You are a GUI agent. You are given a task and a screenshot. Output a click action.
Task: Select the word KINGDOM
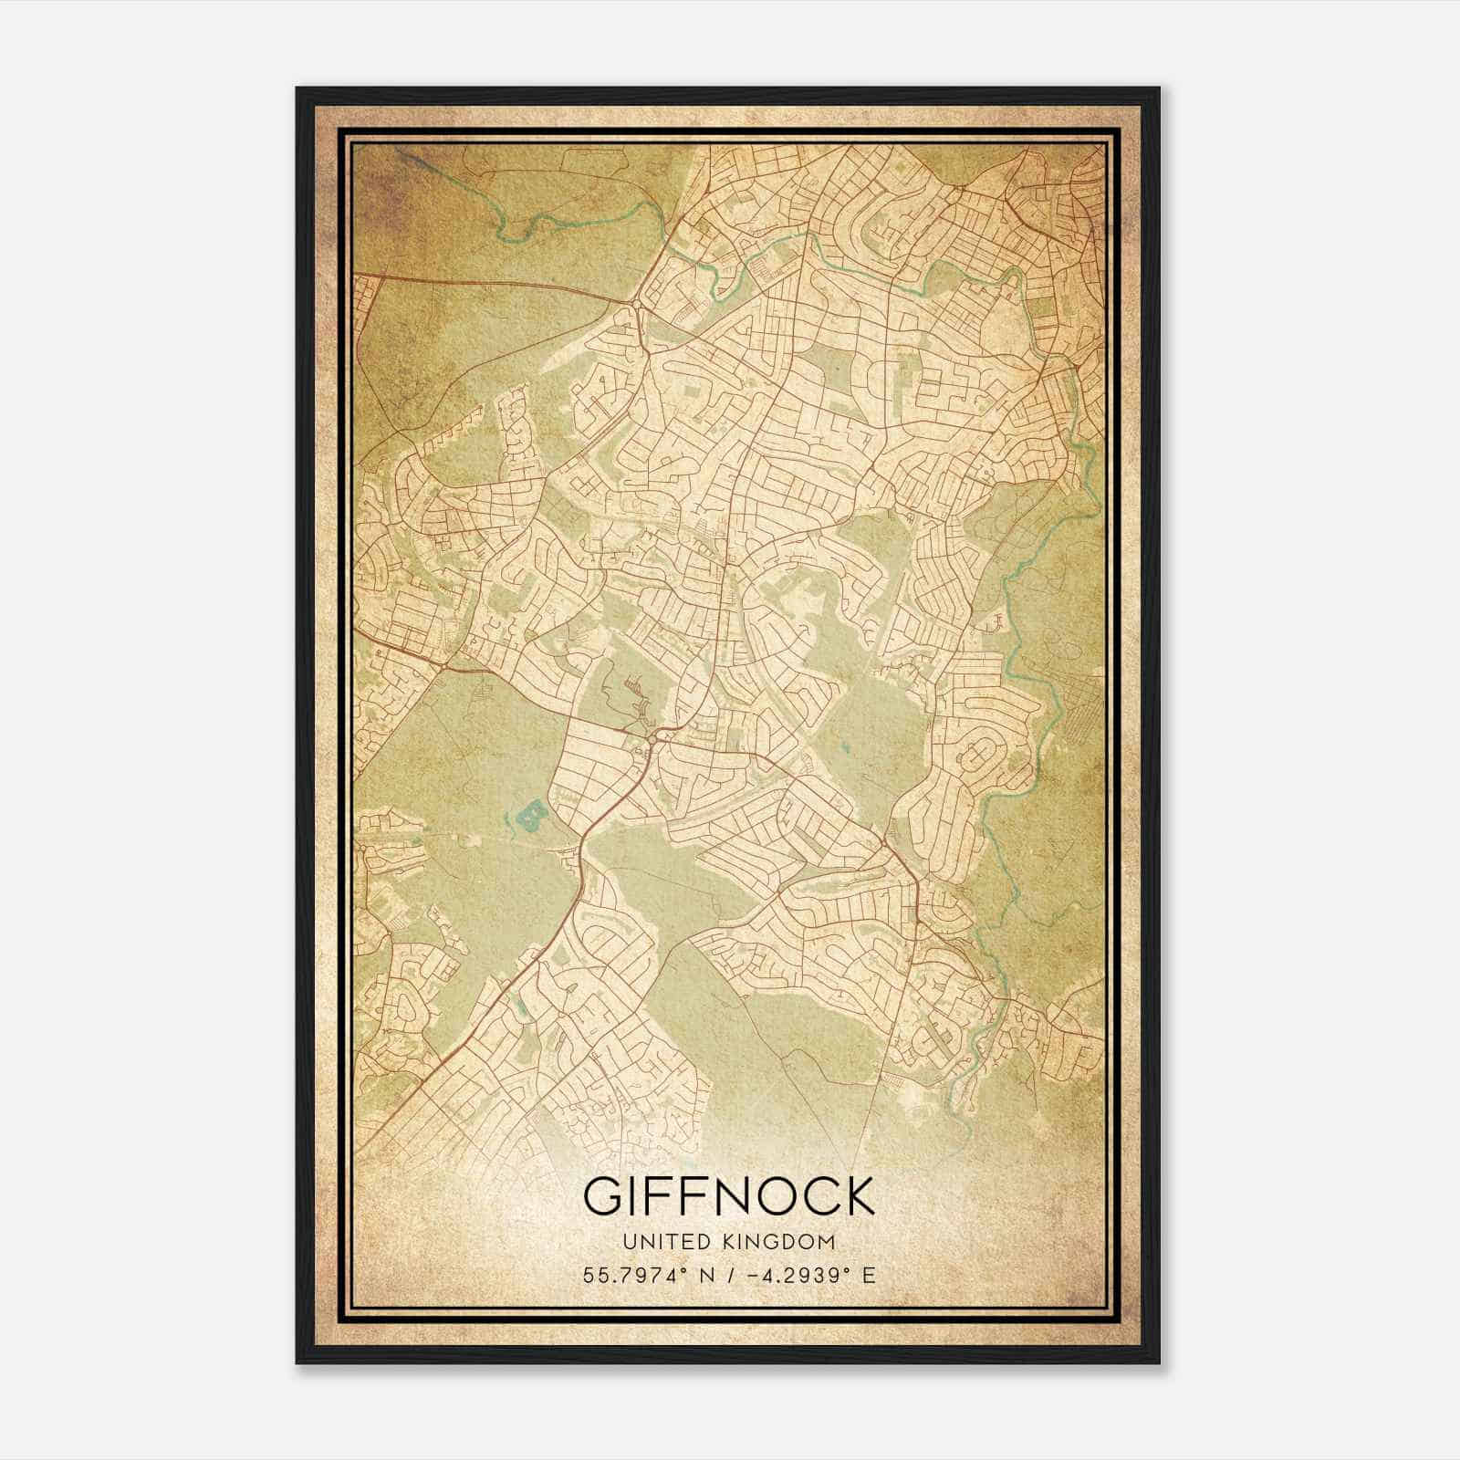point(784,1241)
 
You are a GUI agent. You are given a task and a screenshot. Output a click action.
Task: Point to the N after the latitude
point(704,1276)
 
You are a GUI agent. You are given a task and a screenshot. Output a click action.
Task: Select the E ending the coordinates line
point(869,1276)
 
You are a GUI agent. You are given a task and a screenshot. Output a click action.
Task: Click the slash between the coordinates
point(730,1276)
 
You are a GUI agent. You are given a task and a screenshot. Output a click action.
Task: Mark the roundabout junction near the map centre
point(655,735)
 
